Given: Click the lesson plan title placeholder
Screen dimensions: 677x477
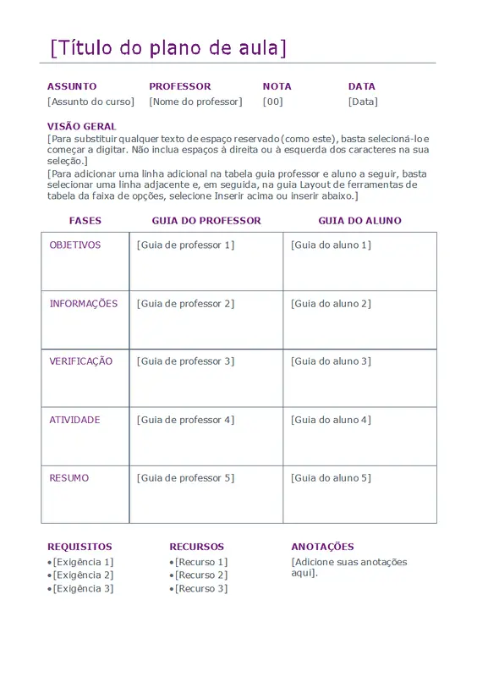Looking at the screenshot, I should [x=168, y=47].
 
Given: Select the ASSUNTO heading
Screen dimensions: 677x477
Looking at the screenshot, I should [x=72, y=86].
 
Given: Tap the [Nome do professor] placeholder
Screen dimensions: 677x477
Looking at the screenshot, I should [x=195, y=102].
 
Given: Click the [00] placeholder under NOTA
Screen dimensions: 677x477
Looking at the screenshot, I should [x=273, y=102].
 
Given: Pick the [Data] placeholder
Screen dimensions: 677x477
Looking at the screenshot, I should [x=363, y=102].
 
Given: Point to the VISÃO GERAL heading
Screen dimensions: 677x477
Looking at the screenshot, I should [x=82, y=126].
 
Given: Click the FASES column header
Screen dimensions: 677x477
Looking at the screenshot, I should [x=85, y=221].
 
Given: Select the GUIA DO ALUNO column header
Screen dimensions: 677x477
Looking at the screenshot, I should [x=359, y=221].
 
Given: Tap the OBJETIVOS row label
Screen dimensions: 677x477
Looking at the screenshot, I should [x=75, y=245].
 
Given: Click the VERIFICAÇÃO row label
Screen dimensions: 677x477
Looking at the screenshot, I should [x=80, y=361].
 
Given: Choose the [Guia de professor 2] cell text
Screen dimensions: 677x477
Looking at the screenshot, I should [x=185, y=304].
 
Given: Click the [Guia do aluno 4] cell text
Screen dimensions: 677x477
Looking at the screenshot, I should [x=331, y=420].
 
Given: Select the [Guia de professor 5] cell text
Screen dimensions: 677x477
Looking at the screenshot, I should [x=185, y=478].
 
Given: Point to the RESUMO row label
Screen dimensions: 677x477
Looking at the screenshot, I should [x=69, y=478].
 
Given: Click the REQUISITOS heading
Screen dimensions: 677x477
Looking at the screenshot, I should [x=79, y=547].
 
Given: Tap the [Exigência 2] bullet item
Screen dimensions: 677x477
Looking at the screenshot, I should [x=83, y=575].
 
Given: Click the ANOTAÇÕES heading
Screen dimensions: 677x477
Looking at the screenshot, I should [x=322, y=547].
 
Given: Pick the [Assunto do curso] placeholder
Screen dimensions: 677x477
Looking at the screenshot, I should [x=90, y=102].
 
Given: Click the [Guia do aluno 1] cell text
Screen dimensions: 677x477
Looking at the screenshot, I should [x=331, y=245].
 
